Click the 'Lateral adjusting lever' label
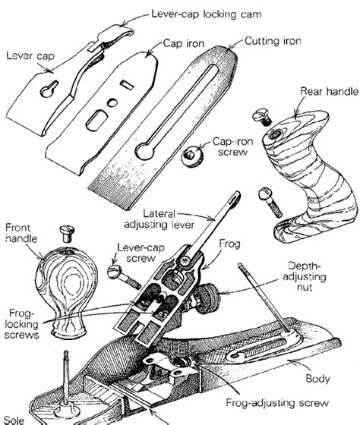click(x=175, y=220)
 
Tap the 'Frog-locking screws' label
click(x=23, y=323)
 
